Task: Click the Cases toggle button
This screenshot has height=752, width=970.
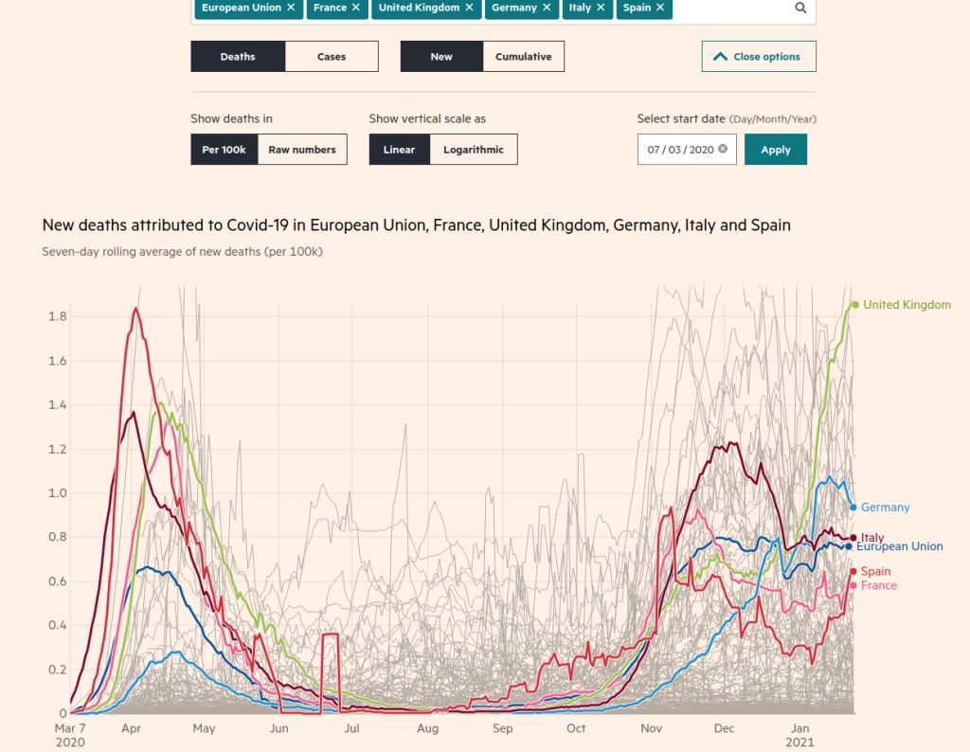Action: (332, 57)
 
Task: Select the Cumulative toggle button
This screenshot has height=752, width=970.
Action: (523, 57)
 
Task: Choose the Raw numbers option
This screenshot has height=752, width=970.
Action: (302, 150)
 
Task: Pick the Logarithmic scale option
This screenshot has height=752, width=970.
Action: (474, 150)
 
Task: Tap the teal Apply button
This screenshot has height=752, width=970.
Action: (776, 150)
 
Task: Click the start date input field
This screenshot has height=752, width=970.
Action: (680, 150)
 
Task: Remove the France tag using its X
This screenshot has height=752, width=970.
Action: (355, 8)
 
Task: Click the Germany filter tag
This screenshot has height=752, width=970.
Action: (514, 8)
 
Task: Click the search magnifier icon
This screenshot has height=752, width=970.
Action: (800, 8)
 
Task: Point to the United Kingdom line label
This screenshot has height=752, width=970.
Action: (907, 305)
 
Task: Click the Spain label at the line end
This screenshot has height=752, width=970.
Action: (875, 571)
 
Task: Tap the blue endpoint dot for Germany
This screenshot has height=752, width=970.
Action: (853, 507)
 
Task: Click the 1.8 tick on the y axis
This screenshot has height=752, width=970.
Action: (58, 316)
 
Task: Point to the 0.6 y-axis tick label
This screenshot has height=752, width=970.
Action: (58, 582)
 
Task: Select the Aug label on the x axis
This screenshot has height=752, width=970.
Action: (428, 728)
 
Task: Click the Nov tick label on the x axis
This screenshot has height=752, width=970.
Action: (652, 728)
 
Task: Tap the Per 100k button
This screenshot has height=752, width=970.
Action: (224, 150)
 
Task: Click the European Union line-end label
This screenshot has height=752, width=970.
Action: (900, 546)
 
